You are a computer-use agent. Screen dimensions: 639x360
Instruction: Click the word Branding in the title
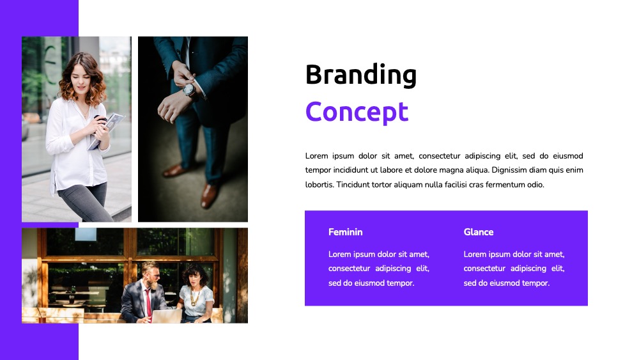360,75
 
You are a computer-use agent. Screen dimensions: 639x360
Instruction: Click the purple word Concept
357,111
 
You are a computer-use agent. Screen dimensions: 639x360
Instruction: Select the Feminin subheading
345,232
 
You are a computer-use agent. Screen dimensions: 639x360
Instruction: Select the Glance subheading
479,232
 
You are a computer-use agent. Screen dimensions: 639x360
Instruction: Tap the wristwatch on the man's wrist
189,90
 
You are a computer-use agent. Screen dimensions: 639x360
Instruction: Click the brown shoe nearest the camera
209,195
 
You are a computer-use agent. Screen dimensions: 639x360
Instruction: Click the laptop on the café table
167,316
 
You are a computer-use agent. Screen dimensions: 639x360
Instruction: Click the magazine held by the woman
107,130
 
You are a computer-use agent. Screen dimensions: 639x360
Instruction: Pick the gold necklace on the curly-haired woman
194,297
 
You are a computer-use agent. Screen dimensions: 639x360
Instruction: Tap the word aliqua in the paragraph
477,170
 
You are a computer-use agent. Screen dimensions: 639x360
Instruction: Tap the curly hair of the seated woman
196,273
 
